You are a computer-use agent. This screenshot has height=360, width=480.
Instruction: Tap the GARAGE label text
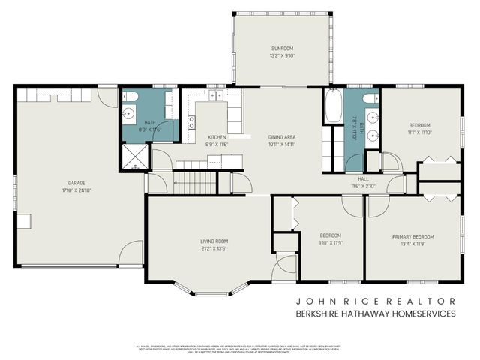pos(76,182)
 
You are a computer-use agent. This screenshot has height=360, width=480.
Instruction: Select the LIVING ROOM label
pos(213,241)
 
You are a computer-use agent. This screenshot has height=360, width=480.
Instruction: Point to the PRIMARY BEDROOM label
pos(412,236)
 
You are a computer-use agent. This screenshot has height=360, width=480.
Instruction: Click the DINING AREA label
pos(283,137)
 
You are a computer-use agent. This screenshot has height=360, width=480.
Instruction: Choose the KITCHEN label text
pos(217,137)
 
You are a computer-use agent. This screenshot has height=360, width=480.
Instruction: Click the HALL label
pos(362,179)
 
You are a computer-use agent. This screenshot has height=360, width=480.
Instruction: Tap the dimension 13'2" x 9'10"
pos(283,55)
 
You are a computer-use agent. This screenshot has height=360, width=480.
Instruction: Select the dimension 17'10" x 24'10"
pos(76,190)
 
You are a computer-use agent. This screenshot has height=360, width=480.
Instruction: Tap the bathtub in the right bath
pos(333,106)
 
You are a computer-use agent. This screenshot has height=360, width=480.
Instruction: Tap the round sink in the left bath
pos(129,115)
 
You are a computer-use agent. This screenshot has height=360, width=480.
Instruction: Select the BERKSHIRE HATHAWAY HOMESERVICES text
pos(375,313)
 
